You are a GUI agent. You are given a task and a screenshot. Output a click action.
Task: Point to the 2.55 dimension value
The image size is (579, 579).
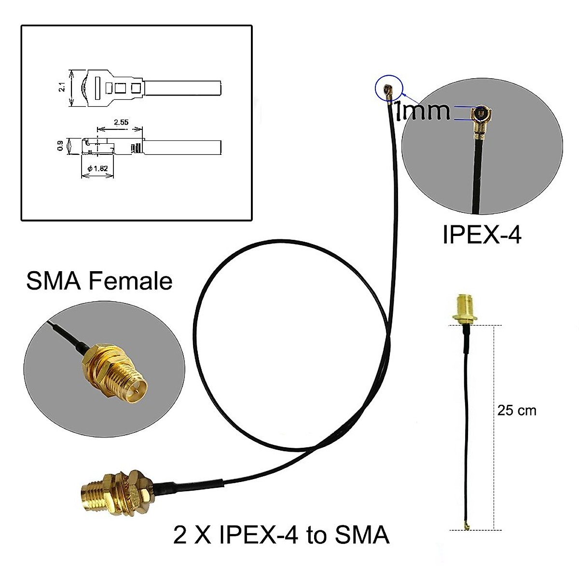tap(121, 123)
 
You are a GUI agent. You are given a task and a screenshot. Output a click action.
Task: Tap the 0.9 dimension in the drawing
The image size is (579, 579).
tap(60, 145)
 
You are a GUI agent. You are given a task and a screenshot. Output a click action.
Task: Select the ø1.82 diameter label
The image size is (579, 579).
tap(98, 168)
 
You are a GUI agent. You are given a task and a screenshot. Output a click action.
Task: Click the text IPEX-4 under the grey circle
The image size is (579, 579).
tap(482, 235)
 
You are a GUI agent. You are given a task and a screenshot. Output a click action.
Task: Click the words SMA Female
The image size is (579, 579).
tap(99, 281)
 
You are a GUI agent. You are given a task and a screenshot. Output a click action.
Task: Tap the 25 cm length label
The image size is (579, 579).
tap(516, 410)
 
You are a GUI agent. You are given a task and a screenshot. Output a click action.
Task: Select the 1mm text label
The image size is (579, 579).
tap(422, 111)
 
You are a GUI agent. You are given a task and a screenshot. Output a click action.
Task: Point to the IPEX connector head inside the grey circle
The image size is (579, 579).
tap(481, 117)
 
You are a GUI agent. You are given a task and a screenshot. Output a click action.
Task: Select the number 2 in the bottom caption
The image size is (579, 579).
tap(180, 535)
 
